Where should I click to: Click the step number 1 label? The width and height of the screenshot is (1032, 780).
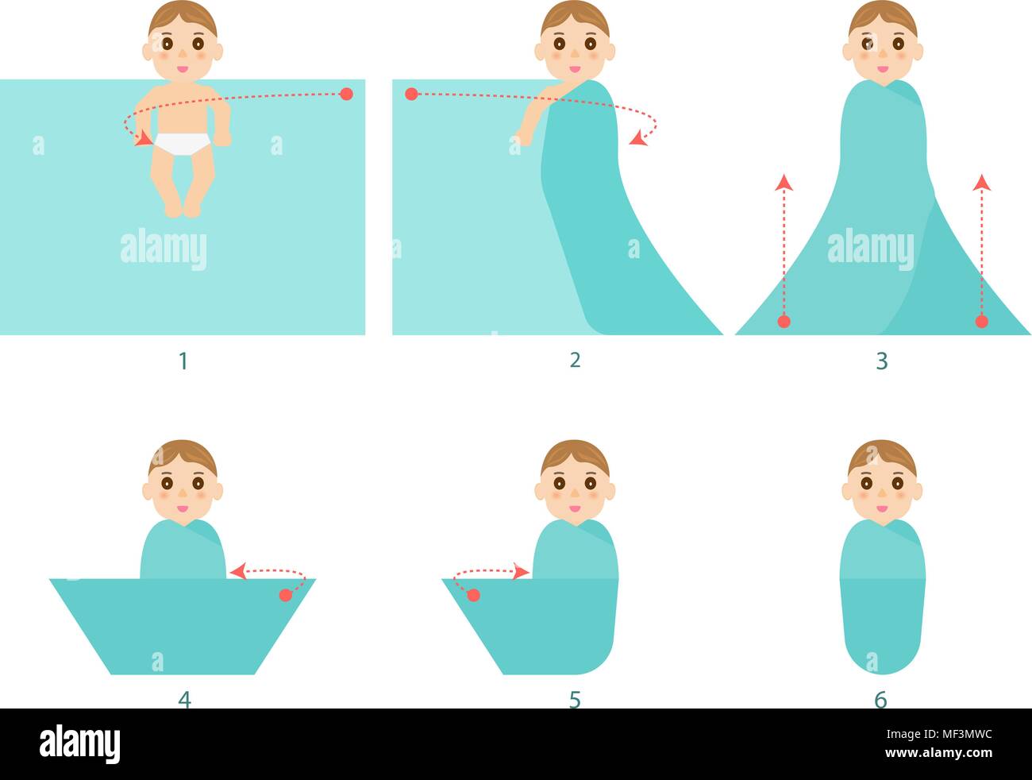(x=183, y=361)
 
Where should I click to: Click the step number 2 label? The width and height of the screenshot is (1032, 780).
(x=576, y=360)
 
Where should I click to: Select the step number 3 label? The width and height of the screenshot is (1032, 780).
(x=881, y=361)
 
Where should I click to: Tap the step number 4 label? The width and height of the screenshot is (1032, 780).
(x=184, y=699)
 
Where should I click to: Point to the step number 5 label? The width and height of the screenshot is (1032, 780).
(x=575, y=699)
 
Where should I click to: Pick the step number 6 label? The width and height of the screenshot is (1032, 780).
(x=880, y=699)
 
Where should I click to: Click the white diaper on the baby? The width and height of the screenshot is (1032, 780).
(x=183, y=143)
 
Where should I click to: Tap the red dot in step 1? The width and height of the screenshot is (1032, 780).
(x=346, y=94)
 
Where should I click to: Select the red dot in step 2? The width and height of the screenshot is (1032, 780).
(x=411, y=94)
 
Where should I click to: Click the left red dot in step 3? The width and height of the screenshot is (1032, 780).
(x=784, y=322)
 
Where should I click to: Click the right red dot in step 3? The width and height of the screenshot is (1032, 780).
(x=982, y=322)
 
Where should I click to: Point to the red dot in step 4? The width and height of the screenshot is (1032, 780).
(x=286, y=595)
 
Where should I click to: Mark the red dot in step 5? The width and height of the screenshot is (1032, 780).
(x=473, y=595)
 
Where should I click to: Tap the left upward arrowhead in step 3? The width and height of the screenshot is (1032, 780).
(x=784, y=183)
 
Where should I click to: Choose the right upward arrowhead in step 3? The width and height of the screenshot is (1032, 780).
(x=982, y=183)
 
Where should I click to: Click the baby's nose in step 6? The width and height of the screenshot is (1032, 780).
(x=881, y=494)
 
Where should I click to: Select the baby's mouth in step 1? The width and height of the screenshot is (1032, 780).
(x=183, y=68)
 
